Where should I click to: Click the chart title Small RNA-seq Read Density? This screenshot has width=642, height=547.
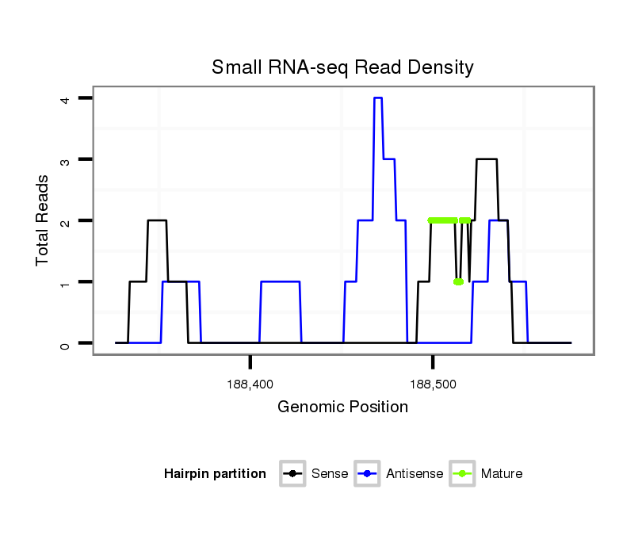pos(342,67)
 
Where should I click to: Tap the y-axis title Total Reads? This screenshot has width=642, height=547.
pos(43,220)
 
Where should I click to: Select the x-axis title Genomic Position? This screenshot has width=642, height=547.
pos(342,407)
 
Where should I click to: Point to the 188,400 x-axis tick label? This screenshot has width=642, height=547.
pos(250,384)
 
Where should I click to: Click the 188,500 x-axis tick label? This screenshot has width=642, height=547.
pos(432,384)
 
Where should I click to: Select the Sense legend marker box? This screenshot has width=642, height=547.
pos(292,474)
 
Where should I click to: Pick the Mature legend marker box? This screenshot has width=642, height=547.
pos(461,474)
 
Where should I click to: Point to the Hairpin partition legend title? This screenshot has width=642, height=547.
pos(215,474)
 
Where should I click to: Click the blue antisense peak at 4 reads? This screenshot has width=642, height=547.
pos(378,98)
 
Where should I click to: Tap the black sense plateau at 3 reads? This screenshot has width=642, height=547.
pos(486,159)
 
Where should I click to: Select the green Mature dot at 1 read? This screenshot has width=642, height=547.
pos(458,282)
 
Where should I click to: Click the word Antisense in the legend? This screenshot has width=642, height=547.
pos(415,474)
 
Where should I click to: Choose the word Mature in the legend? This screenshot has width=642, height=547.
pos(502,474)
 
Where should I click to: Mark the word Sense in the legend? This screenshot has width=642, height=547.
pos(330,474)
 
